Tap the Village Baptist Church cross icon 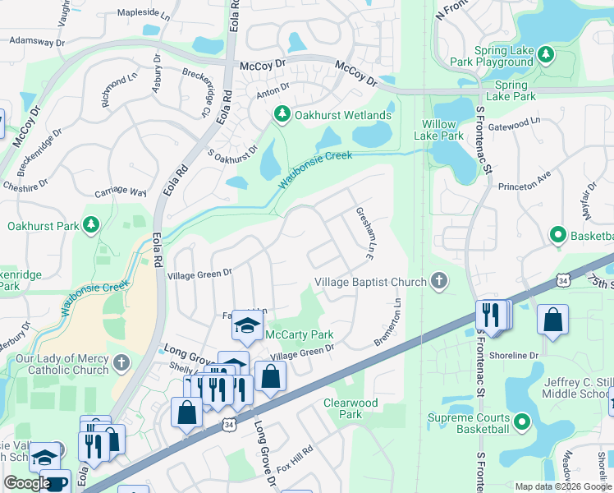pos(439,282)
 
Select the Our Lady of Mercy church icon pos(121,362)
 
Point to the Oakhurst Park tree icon pos(90,224)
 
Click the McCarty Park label pos(299,334)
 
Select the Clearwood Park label pos(351,408)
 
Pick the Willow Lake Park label pos(439,130)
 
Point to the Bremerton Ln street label pos(390,321)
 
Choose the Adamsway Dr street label pos(38,41)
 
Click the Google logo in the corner pos(27,483)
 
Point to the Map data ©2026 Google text pos(562,486)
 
